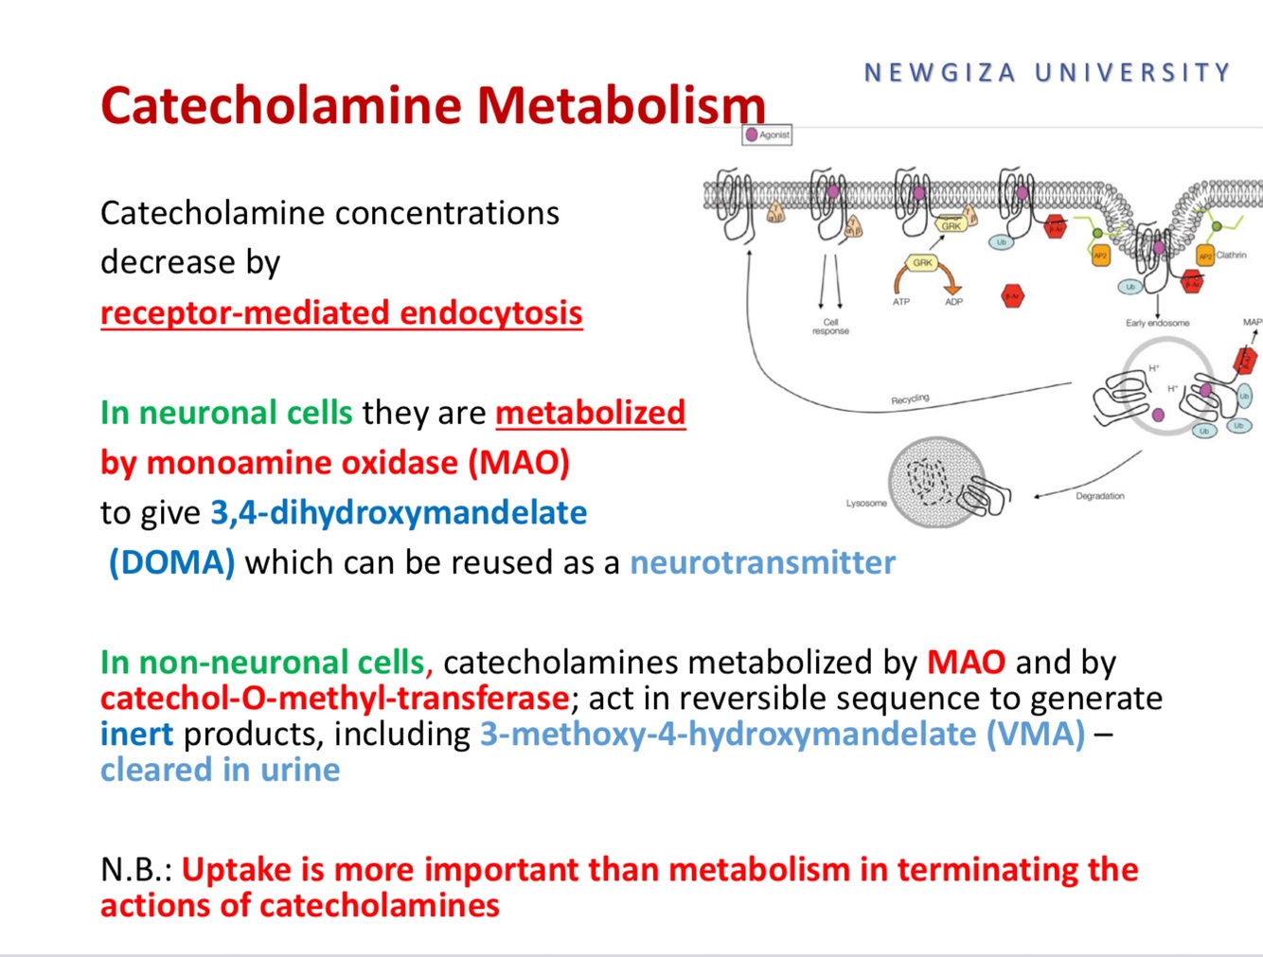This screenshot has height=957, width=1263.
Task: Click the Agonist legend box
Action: click(x=767, y=135)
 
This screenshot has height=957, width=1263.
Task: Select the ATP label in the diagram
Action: click(x=901, y=302)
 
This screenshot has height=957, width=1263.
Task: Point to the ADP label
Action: click(x=953, y=302)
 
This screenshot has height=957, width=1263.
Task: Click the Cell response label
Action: click(x=830, y=327)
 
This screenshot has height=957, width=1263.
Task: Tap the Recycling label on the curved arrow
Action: click(x=910, y=399)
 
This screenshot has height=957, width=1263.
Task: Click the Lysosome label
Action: click(x=866, y=504)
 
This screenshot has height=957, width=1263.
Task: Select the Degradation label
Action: click(x=1099, y=496)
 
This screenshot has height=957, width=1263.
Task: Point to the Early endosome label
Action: click(x=1157, y=323)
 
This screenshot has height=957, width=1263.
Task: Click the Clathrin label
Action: click(x=1232, y=255)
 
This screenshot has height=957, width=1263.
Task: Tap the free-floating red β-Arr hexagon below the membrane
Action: click(x=1013, y=296)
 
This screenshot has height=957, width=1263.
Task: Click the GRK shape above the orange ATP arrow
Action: click(x=922, y=263)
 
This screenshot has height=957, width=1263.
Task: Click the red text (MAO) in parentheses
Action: click(x=519, y=463)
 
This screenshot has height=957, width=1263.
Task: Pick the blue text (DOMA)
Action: click(x=171, y=562)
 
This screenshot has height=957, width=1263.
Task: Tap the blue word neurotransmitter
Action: click(x=762, y=562)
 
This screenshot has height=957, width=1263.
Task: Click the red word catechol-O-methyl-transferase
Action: click(x=334, y=699)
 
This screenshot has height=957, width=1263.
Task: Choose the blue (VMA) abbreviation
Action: click(x=1036, y=735)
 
